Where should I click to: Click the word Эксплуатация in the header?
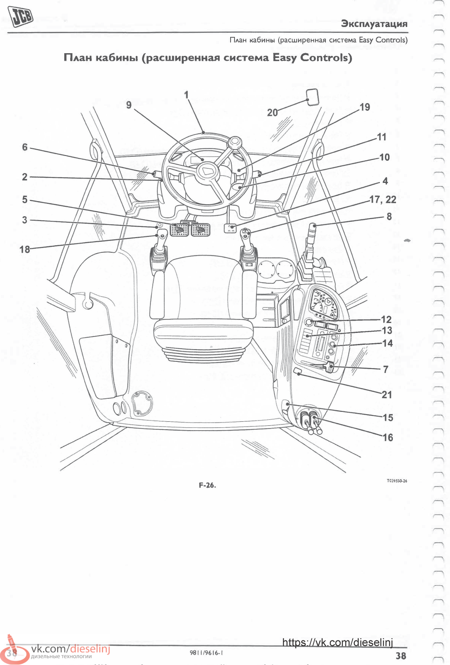[374, 24]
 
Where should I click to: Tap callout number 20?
[272, 113]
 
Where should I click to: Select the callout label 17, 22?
[383, 200]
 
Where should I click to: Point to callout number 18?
[25, 249]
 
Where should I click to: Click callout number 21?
[387, 394]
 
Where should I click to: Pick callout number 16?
[387, 437]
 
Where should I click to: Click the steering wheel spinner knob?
[235, 142]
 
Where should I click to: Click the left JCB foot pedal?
[179, 229]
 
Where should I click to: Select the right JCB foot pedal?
[200, 229]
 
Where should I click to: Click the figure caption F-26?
[207, 485]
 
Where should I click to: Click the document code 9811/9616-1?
[206, 653]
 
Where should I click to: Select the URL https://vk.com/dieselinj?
[337, 643]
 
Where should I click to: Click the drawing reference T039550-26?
[397, 481]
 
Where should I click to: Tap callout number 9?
[129, 105]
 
